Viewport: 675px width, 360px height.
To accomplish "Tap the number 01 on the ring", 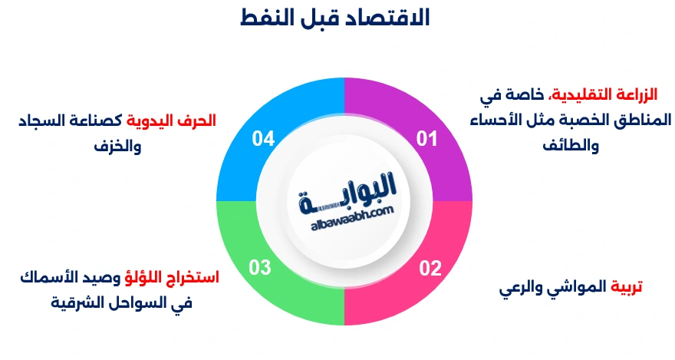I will click(x=427, y=139).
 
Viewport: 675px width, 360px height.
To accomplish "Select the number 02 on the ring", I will click(x=430, y=269).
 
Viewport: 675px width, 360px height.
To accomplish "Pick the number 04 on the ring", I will click(x=263, y=139).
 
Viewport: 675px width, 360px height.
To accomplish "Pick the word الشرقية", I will click(x=77, y=302).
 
